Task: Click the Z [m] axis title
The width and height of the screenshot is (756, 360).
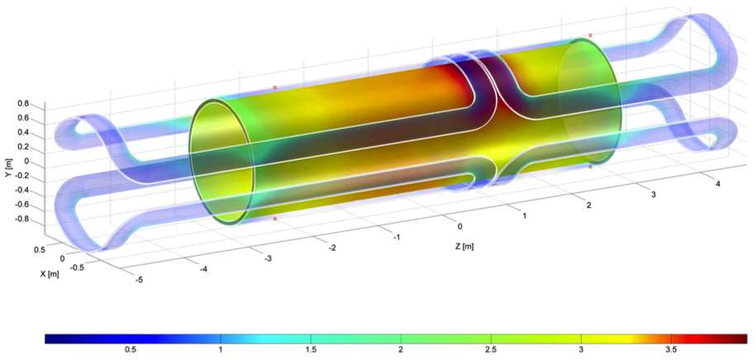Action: (464, 247)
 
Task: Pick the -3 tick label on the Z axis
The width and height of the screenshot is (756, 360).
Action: (268, 258)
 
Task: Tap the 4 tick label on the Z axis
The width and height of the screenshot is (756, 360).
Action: (718, 183)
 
